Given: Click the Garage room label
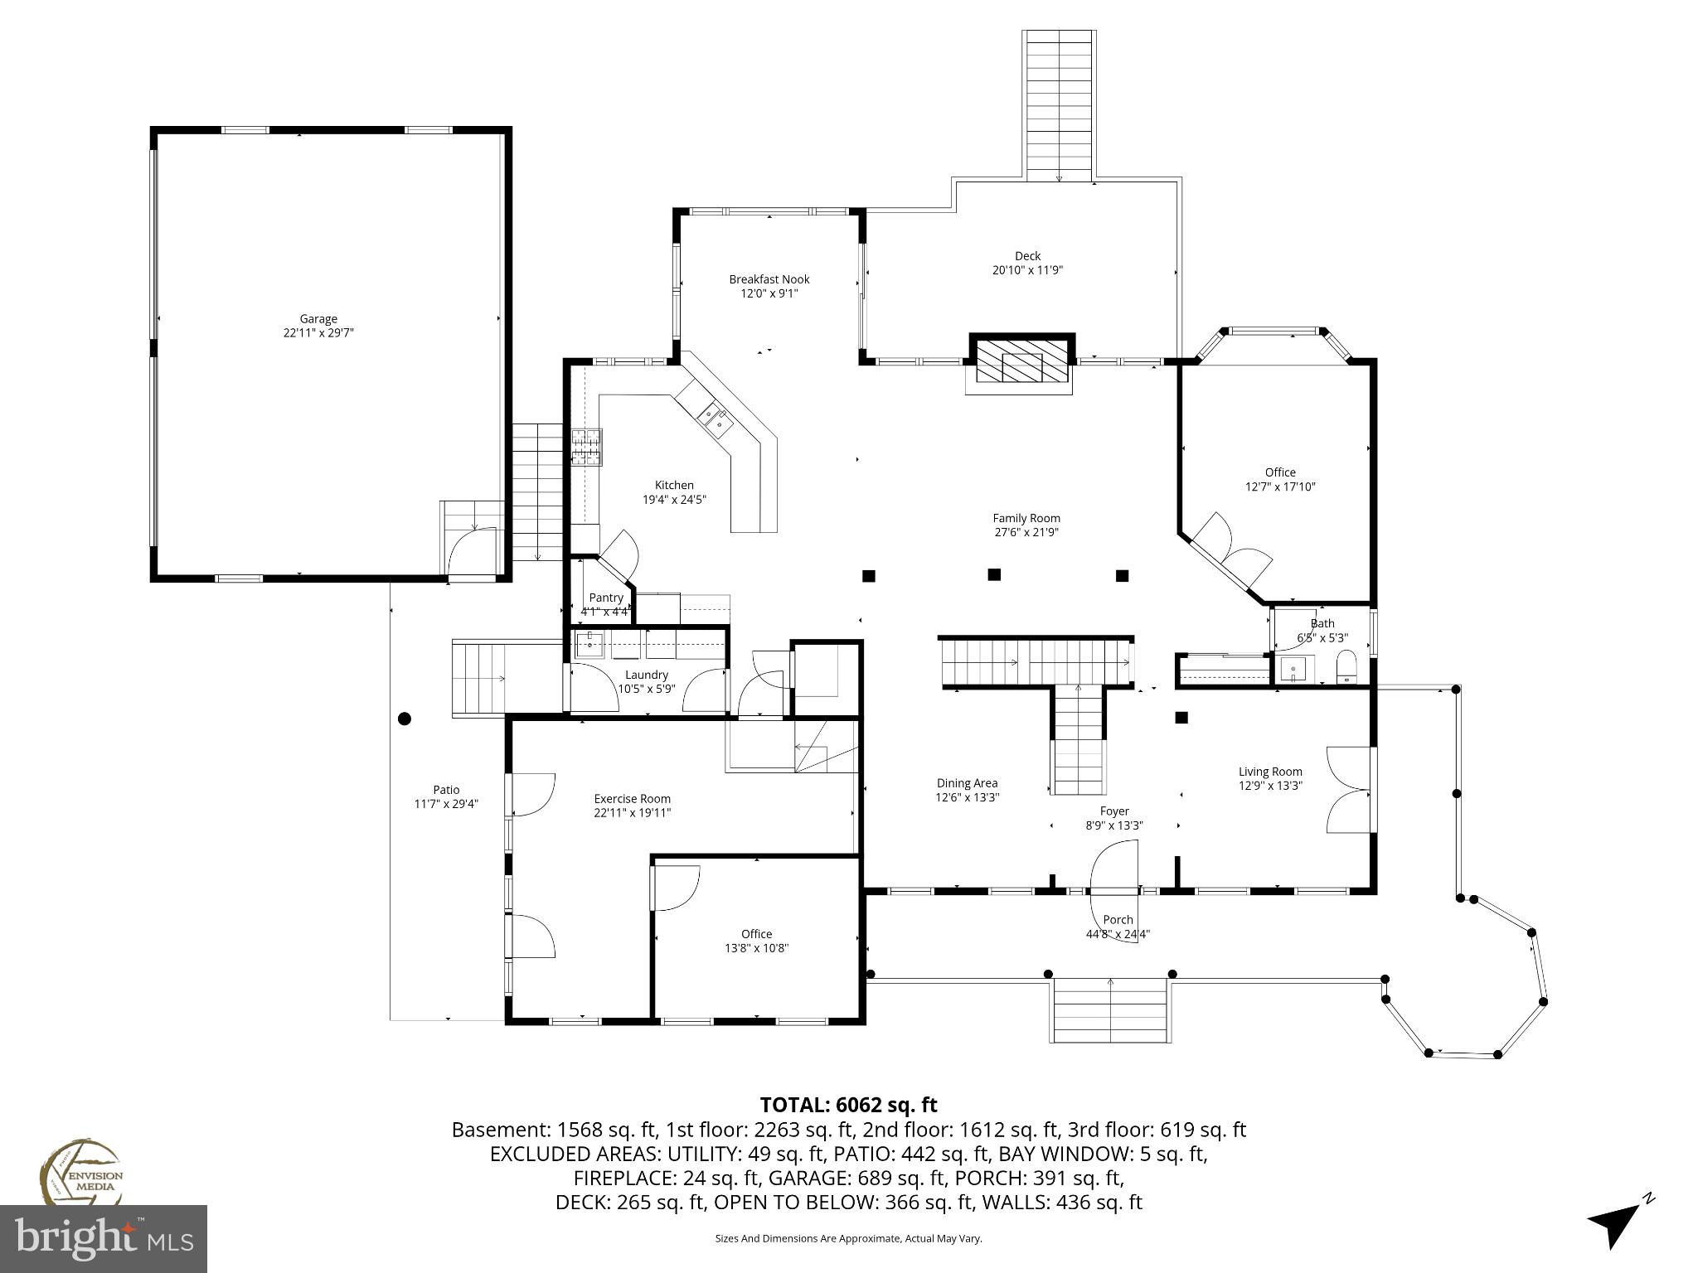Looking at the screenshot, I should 318,319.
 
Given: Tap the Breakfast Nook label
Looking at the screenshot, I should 769,279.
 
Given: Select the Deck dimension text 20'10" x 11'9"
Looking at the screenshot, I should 1027,270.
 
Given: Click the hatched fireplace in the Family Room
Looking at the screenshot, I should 1021,361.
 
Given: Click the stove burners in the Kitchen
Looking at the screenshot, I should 586,448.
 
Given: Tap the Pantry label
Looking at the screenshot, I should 605,598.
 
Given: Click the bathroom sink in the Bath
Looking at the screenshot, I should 1293,669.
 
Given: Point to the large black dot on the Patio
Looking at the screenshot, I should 405,719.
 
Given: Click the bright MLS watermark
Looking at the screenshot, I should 104,1239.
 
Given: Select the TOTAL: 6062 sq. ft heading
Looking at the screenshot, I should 848,1105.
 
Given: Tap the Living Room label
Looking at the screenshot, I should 1270,772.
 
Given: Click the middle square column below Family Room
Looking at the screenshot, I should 994,574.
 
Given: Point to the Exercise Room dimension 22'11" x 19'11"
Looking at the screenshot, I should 632,813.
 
